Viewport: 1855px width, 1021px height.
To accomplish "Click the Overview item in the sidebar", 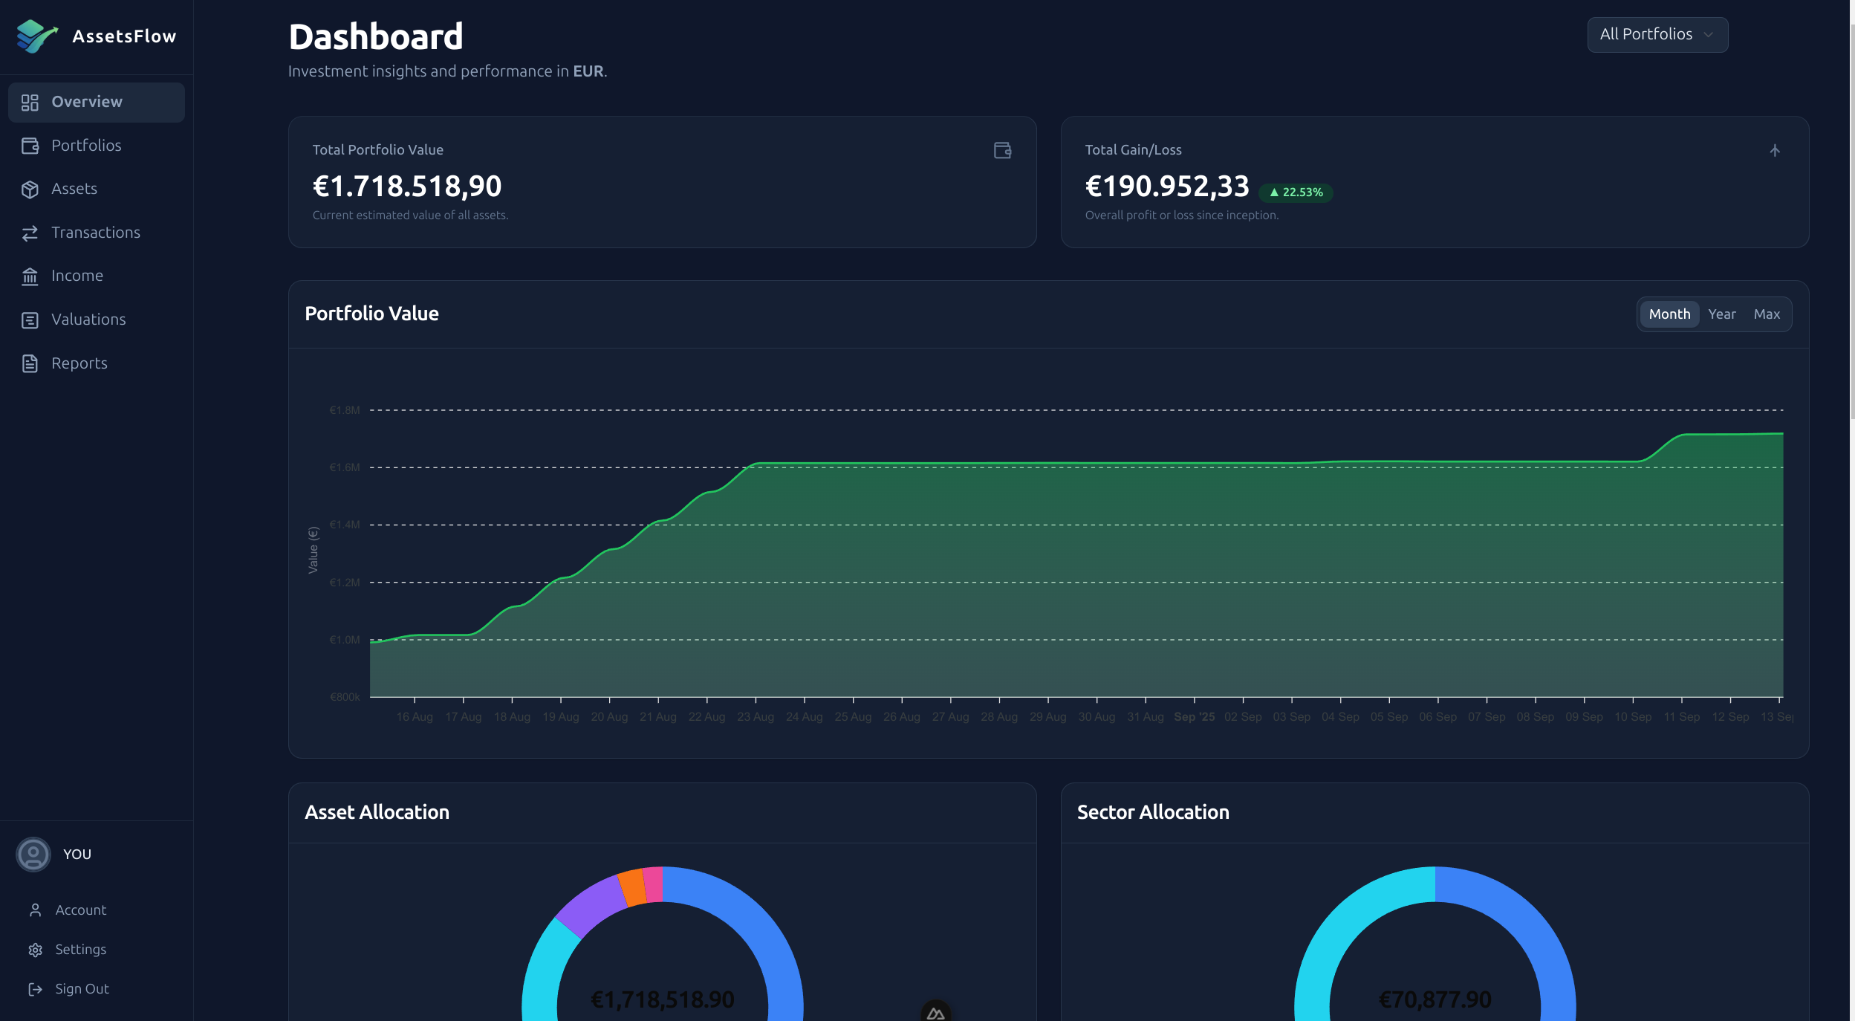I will click(87, 102).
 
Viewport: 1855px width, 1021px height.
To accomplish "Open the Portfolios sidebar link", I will click(86, 146).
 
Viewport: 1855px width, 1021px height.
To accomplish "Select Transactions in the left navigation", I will click(95, 233).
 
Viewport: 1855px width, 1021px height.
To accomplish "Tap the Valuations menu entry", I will click(88, 320).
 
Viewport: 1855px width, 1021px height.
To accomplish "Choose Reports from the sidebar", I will click(79, 363).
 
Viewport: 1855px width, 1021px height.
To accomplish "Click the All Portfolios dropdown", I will click(1657, 35).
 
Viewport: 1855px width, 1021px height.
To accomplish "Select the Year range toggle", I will click(1721, 314).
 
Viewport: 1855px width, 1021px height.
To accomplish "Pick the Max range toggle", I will click(1766, 314).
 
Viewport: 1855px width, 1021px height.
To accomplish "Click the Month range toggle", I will click(1669, 314).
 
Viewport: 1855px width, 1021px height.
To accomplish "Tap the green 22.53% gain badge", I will click(1296, 192).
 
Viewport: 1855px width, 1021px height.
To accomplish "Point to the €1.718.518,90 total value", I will click(407, 186).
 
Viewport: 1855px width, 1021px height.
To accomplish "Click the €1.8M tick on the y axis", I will click(345, 410).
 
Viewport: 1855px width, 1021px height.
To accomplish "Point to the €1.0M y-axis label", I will click(345, 640).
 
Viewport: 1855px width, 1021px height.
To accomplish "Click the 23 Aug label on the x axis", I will click(755, 717).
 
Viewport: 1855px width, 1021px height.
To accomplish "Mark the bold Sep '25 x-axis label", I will click(1194, 717).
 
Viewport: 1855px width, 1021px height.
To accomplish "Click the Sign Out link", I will click(82, 989).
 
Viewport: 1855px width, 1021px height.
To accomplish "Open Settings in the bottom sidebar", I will click(80, 950).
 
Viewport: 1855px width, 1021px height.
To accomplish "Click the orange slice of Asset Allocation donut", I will click(632, 887).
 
